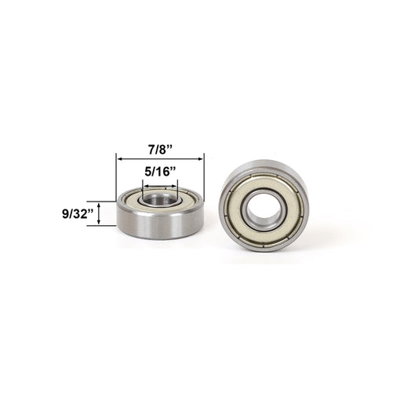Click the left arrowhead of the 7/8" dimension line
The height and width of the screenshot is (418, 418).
point(119,157)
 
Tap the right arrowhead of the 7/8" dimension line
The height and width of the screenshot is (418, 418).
point(202,157)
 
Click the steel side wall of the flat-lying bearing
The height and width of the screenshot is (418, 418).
point(160,224)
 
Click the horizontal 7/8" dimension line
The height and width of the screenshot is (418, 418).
point(160,157)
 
